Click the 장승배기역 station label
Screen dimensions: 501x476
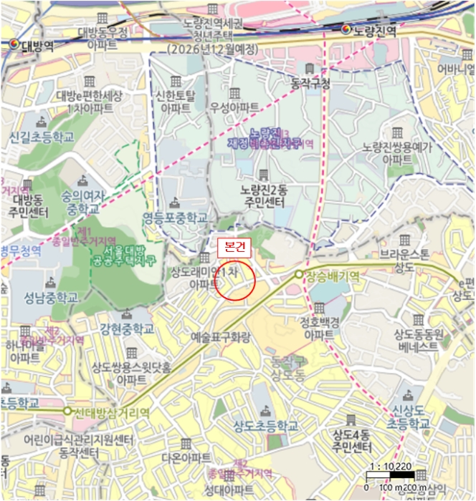(331, 274)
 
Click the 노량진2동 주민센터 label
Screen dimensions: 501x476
(265, 196)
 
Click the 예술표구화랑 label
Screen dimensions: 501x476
(224, 335)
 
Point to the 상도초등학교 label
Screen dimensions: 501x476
(265, 425)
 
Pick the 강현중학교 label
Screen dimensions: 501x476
(128, 329)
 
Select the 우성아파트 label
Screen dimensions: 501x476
(234, 107)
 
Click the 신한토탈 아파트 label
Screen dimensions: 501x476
(176, 101)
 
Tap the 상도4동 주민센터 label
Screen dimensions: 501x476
(351, 442)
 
